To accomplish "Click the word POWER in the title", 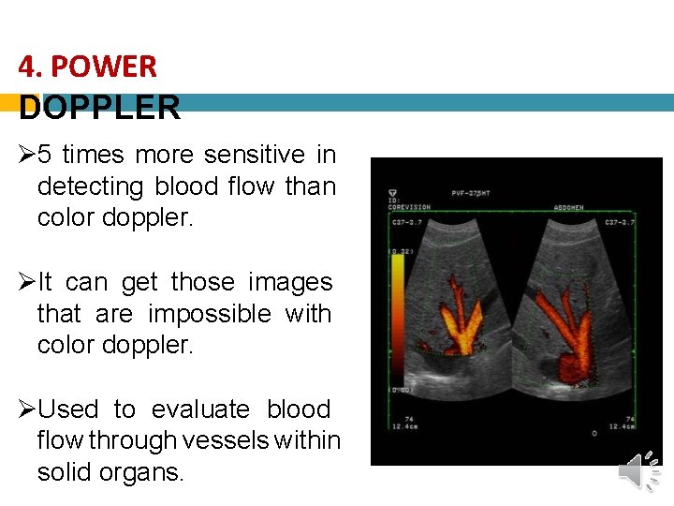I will (x=104, y=67).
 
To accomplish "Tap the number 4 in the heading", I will (x=27, y=67).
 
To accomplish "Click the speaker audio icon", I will (x=640, y=472).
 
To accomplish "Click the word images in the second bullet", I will (x=290, y=282).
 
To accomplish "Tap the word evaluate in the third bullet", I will (x=200, y=409).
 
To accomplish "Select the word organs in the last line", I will (x=144, y=472).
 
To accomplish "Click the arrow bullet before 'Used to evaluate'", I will (x=27, y=409).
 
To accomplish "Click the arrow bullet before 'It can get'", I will (x=27, y=282).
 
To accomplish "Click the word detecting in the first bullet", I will (x=91, y=186).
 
